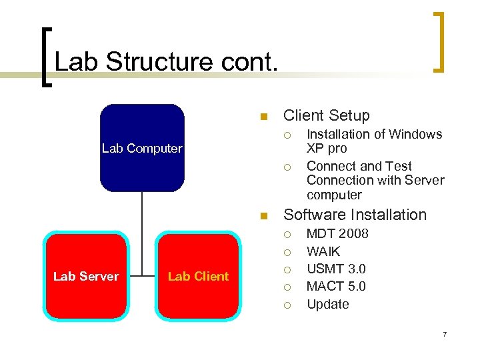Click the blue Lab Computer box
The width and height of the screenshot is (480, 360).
pyautogui.click(x=141, y=148)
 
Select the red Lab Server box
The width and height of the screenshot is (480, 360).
pyautogui.click(x=85, y=276)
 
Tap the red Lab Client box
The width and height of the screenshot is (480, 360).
pyautogui.click(x=197, y=276)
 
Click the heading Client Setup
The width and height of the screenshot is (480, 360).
pyautogui.click(x=326, y=115)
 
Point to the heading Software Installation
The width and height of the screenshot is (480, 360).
pyautogui.click(x=355, y=215)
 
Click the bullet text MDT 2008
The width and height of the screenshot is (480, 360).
pyautogui.click(x=337, y=233)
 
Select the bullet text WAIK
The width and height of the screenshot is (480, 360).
pyautogui.click(x=323, y=251)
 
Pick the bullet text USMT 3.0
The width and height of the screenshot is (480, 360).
pyautogui.click(x=336, y=269)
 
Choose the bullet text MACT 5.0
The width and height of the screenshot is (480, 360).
pyautogui.click(x=336, y=286)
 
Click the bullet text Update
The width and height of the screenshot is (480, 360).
pyautogui.click(x=327, y=304)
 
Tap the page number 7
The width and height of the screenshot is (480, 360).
pyautogui.click(x=444, y=333)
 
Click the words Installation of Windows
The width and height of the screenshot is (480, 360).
pyautogui.click(x=374, y=134)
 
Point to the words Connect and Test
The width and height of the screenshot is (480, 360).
pyautogui.click(x=359, y=166)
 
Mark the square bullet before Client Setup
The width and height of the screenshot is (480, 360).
pyautogui.click(x=263, y=117)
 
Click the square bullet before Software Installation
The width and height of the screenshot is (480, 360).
pyautogui.click(x=263, y=216)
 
